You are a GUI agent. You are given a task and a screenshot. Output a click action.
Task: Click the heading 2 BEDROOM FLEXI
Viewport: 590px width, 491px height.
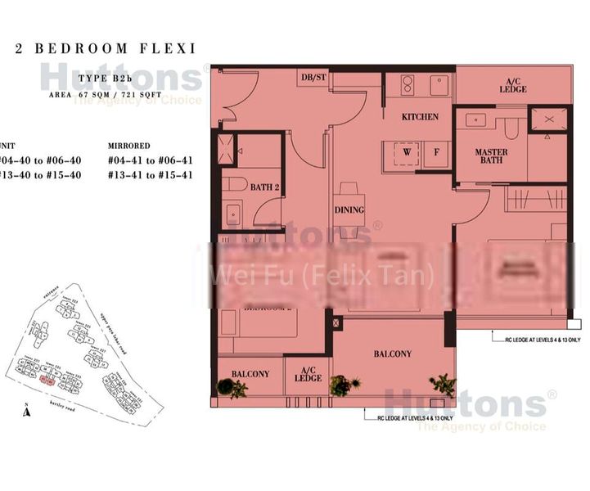(x=106, y=48)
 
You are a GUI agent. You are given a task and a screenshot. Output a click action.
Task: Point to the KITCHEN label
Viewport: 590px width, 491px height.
(x=420, y=117)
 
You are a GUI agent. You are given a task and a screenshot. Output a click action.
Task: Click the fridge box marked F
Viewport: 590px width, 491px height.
(x=436, y=151)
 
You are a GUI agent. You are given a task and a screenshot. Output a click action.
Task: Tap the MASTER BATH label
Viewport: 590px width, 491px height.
(x=491, y=156)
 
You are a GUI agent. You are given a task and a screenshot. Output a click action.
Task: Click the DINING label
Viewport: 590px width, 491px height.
(x=349, y=209)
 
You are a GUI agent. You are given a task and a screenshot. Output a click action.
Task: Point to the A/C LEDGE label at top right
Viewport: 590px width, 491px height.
(x=515, y=85)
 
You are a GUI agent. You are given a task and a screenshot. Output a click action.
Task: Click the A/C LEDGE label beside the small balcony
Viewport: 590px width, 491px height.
(x=308, y=374)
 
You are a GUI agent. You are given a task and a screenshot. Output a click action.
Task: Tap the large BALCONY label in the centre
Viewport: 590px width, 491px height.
(x=393, y=354)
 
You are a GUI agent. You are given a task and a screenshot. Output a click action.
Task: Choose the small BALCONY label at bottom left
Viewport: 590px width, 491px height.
(x=250, y=374)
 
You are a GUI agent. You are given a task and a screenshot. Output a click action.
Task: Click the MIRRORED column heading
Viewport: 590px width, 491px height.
(x=130, y=146)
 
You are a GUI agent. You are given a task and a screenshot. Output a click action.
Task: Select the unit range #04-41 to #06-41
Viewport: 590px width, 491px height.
(x=151, y=160)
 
